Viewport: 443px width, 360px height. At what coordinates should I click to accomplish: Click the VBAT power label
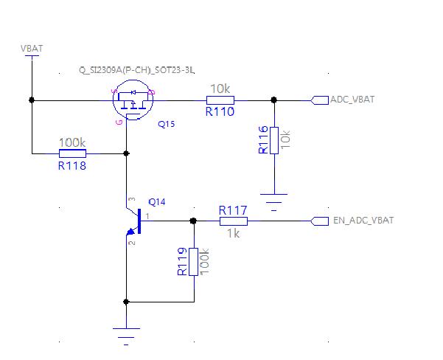click(32, 49)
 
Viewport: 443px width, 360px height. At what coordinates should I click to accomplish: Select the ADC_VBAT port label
click(352, 100)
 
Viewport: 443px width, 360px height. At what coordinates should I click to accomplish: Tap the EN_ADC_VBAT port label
click(363, 221)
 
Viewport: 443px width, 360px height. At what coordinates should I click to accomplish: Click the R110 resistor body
click(220, 100)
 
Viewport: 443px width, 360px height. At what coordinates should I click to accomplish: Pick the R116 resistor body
click(274, 141)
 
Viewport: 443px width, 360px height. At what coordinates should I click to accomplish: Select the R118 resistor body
click(73, 153)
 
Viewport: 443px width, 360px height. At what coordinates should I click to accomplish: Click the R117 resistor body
click(234, 221)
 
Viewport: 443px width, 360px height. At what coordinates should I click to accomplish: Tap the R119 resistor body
click(194, 262)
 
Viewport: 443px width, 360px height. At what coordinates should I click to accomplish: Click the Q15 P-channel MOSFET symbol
click(133, 100)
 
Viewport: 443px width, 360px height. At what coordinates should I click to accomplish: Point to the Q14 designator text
click(157, 202)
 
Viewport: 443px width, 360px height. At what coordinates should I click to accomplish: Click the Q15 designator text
click(166, 124)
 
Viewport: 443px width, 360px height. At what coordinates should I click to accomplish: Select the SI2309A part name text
click(137, 70)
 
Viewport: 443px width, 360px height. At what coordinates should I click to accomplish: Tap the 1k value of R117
click(234, 234)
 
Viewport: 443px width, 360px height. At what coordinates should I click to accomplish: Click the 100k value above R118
click(72, 143)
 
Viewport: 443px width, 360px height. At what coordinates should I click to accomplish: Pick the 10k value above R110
click(220, 89)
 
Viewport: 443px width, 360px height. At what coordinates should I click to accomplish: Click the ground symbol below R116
click(273, 202)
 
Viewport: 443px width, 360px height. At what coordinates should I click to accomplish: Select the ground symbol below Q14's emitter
click(126, 337)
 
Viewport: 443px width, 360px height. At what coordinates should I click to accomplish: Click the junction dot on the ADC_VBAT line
click(273, 100)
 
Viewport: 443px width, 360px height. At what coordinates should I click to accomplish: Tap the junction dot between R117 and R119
click(193, 221)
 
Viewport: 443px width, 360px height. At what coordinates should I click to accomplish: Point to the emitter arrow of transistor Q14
click(130, 232)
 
